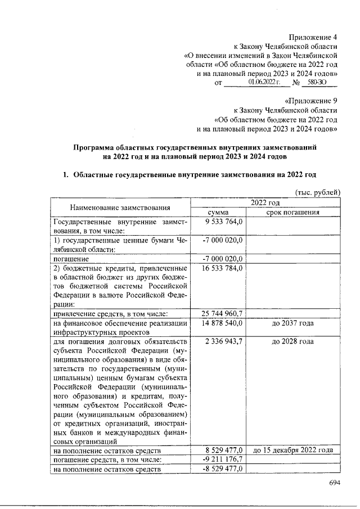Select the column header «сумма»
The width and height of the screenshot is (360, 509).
pos(217,213)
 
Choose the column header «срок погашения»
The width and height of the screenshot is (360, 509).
pos(292,213)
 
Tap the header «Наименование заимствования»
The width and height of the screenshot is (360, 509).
pos(120,208)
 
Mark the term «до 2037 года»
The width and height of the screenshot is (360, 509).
pos(292,323)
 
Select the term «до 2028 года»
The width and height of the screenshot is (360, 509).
pos(292,341)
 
